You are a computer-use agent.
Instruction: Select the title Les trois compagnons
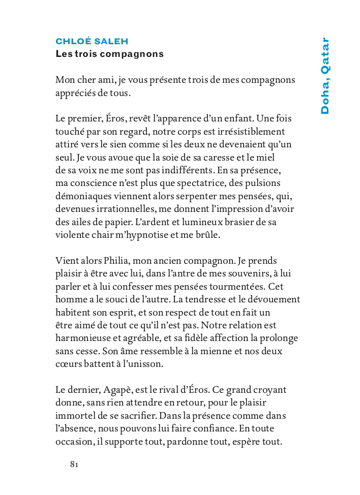point(110,53)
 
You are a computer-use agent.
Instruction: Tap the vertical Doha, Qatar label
point(324,76)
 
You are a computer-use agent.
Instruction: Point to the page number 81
point(74,464)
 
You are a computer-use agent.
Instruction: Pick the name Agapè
point(120,390)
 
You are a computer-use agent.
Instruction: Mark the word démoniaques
point(81,196)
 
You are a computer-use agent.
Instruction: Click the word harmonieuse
point(82,338)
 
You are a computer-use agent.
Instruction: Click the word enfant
point(258,118)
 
